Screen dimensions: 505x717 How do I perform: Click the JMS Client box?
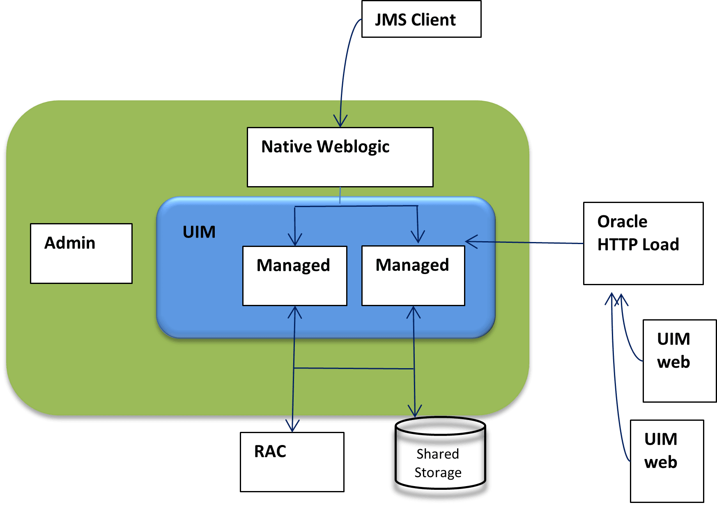pos(421,19)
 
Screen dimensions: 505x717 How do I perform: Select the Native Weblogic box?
pos(340,157)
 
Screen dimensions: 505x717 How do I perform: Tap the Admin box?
pos(81,254)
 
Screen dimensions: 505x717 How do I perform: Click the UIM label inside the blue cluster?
pos(199,232)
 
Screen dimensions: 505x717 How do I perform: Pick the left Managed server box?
pos(295,276)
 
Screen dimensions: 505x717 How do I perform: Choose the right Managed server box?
pos(413,276)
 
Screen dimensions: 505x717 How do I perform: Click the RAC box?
pos(292,462)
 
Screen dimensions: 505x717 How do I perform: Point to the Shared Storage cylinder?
pos(440,463)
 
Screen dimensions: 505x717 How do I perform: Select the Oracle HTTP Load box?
pos(643,243)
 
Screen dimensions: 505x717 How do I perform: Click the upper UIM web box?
pos(679,361)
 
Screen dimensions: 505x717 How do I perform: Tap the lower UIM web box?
pos(667,461)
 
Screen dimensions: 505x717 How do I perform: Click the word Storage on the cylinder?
pos(438,473)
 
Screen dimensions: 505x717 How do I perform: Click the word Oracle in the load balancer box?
pos(622,222)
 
